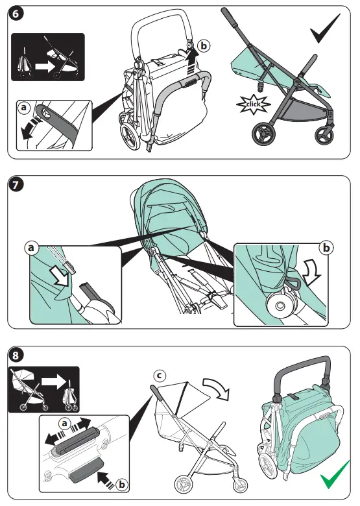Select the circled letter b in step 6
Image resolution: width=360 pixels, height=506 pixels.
[204, 46]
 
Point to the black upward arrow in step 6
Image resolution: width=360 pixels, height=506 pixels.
[190, 63]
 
